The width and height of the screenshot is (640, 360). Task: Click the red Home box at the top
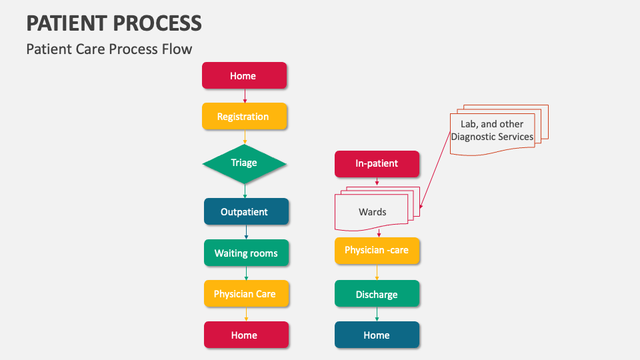(244, 75)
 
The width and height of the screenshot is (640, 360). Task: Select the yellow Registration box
(244, 116)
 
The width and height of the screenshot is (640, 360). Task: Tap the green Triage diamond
(244, 163)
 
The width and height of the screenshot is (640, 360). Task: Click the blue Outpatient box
(246, 211)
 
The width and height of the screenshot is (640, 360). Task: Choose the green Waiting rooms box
(246, 253)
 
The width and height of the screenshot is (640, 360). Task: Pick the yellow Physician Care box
(246, 293)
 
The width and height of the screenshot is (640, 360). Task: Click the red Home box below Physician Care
(246, 335)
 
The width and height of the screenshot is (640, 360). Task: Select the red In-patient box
(377, 163)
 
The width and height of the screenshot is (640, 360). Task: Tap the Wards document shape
(372, 211)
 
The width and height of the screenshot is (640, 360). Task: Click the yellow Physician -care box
(377, 251)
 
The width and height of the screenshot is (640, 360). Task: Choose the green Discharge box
(377, 294)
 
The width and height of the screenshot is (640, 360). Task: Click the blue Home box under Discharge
(377, 335)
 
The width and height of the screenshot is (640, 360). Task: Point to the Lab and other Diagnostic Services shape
(493, 130)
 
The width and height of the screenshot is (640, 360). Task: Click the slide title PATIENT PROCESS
(114, 23)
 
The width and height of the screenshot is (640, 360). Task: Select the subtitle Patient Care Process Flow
(109, 49)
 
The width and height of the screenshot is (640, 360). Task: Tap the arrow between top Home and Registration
(245, 95)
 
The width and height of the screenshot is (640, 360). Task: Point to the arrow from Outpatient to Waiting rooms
(246, 232)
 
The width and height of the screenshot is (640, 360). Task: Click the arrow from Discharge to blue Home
(377, 314)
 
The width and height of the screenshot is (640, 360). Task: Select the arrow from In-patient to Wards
(377, 181)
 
